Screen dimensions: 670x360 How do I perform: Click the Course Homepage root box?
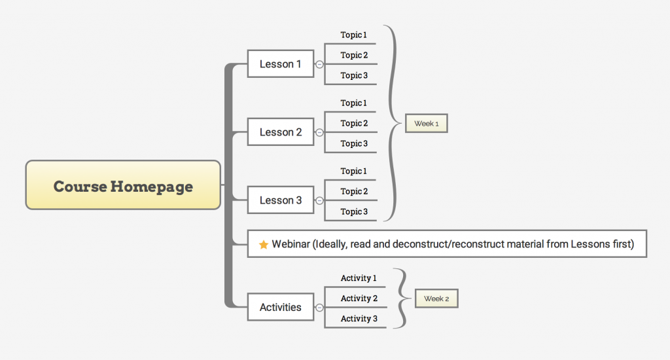coord(123,185)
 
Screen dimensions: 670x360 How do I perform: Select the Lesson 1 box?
coord(281,63)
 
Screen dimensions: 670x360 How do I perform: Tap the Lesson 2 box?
coord(281,132)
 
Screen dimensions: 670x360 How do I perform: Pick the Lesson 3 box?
coord(281,200)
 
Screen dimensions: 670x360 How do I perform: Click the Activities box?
coord(281,307)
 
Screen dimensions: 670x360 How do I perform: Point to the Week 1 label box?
coord(427,123)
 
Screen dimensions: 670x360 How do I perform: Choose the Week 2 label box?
coord(436,298)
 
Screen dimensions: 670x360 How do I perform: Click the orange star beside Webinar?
coord(264,244)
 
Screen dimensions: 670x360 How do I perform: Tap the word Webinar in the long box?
coord(291,243)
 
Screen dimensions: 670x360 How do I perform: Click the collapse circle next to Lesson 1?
coord(319,64)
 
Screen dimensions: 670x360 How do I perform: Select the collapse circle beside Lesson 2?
coord(319,132)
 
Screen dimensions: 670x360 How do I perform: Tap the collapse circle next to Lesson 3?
coord(319,200)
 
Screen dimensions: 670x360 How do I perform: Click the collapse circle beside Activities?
coord(319,308)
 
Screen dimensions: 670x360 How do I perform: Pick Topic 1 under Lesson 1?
coord(353,35)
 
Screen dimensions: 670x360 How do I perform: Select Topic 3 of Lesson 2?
coord(354,143)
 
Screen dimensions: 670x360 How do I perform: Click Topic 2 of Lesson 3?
coord(354,191)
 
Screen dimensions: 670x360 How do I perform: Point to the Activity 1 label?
coord(359,278)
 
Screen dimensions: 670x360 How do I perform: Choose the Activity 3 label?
coord(359,319)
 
